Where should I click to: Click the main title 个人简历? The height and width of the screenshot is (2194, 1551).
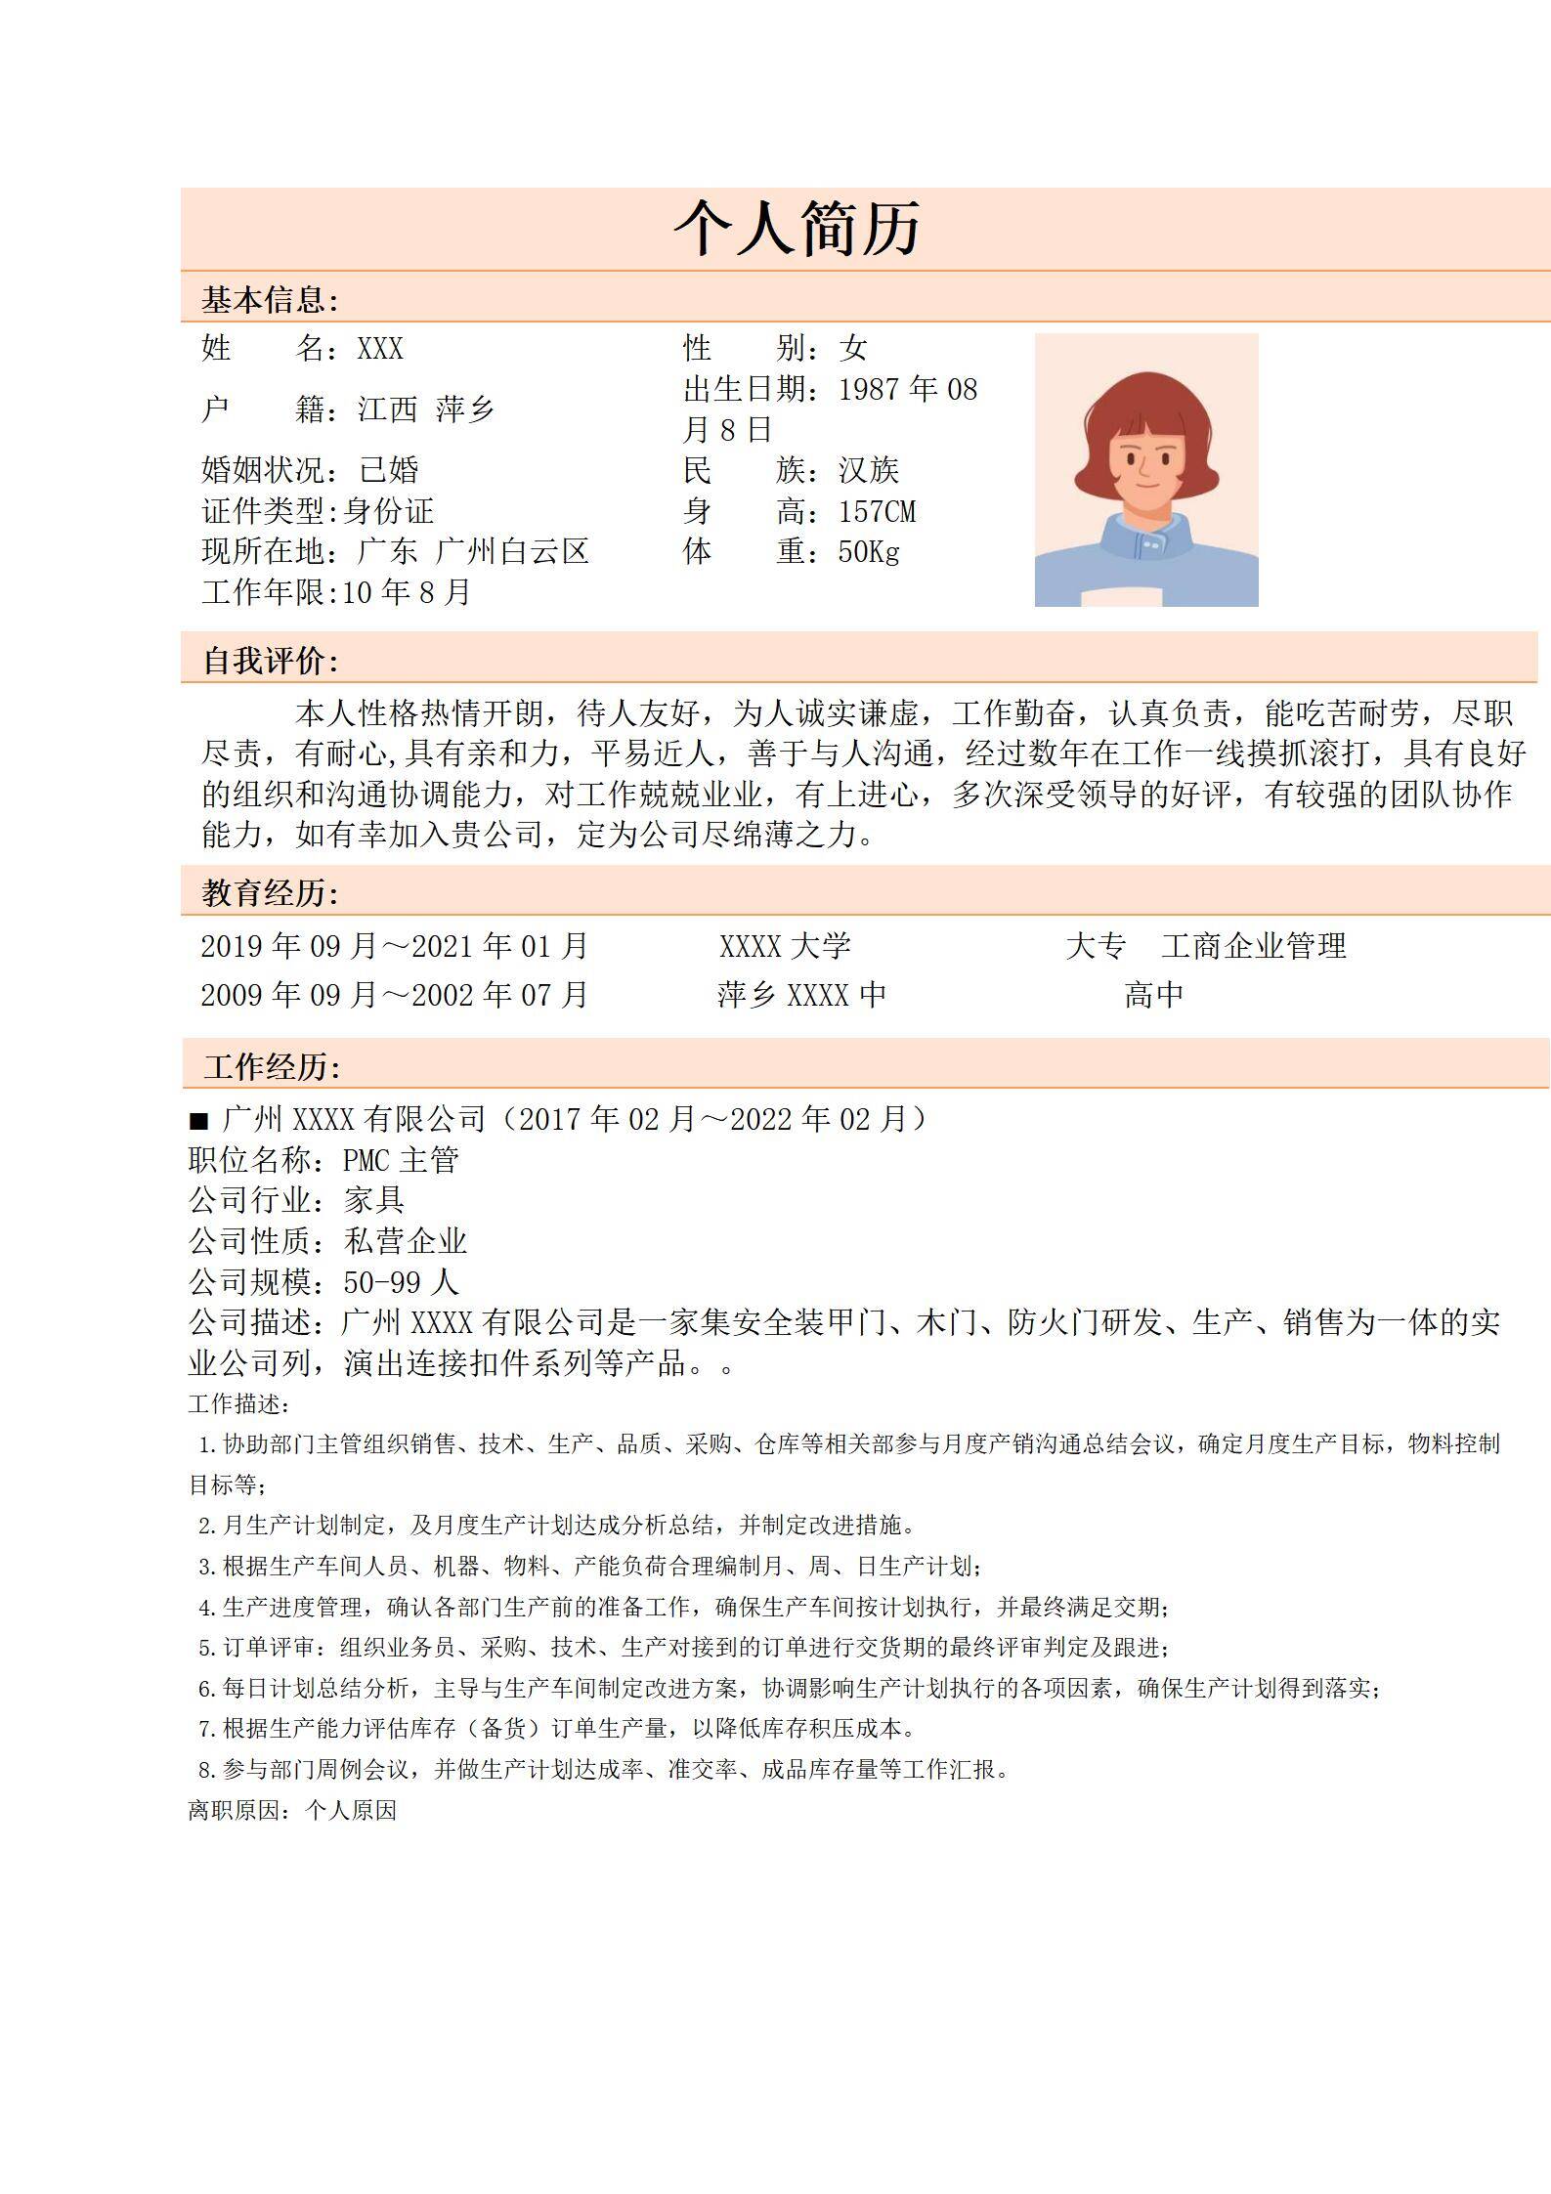click(797, 230)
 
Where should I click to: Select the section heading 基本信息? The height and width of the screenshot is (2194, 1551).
click(269, 300)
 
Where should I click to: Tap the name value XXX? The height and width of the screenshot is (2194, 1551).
click(380, 349)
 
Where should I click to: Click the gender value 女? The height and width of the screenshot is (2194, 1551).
click(853, 348)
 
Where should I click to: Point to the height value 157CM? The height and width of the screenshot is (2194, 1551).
click(877, 511)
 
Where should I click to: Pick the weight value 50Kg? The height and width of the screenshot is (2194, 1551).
click(868, 552)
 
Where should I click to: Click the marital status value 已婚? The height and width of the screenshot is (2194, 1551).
click(389, 470)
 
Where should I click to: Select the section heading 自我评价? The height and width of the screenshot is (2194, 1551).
click(270, 662)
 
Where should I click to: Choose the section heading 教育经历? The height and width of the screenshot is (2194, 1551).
click(270, 893)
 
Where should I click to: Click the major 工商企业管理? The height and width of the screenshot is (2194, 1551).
click(1254, 946)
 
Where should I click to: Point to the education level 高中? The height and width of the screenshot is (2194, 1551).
click(1153, 996)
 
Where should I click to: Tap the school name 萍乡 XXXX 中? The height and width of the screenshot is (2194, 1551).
click(801, 996)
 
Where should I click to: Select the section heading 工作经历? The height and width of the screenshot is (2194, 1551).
click(272, 1067)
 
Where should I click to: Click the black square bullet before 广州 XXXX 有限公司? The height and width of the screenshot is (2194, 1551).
click(199, 1121)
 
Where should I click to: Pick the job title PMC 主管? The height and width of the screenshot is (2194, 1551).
click(401, 1160)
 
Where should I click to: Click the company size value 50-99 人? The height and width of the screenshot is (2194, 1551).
click(401, 1282)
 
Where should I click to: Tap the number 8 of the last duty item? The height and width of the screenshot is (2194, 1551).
click(204, 1770)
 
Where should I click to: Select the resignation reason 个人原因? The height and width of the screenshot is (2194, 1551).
click(351, 1811)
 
